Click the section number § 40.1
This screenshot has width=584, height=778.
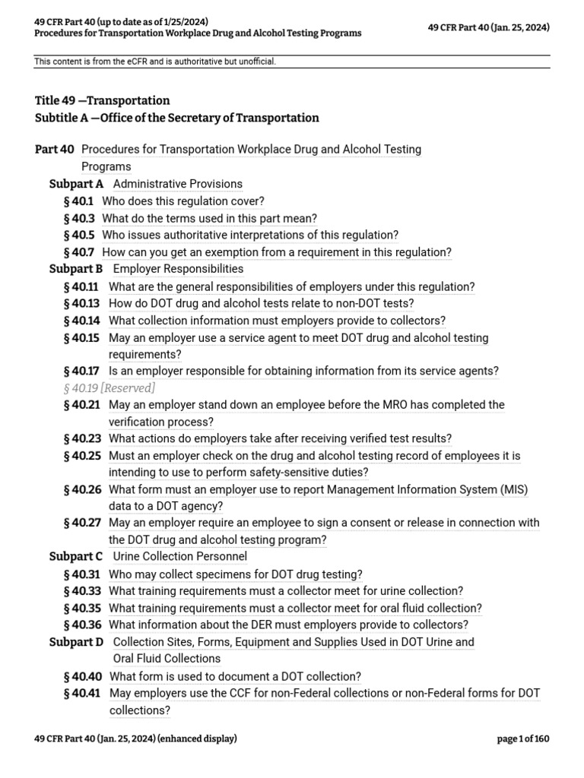tap(79, 201)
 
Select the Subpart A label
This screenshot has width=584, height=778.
tap(76, 184)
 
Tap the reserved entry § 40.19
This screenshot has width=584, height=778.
tap(109, 388)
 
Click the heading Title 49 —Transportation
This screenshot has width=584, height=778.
tap(103, 100)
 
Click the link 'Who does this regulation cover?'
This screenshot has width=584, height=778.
tap(183, 201)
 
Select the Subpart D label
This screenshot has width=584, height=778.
tap(76, 642)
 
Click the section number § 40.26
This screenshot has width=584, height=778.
tap(82, 489)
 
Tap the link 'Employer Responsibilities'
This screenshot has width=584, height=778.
tap(178, 269)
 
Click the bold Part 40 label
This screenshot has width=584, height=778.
tap(55, 150)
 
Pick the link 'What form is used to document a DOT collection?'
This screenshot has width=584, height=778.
tap(235, 676)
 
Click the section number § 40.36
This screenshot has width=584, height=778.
tap(82, 625)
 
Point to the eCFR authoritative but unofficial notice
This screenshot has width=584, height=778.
tap(155, 62)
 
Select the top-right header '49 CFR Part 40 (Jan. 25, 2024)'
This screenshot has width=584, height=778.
tap(490, 28)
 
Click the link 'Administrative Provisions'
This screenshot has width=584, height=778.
tap(177, 184)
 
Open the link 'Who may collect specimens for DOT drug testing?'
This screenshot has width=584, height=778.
tap(236, 574)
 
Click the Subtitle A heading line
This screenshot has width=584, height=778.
tap(177, 118)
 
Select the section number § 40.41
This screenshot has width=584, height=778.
tap(82, 693)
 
